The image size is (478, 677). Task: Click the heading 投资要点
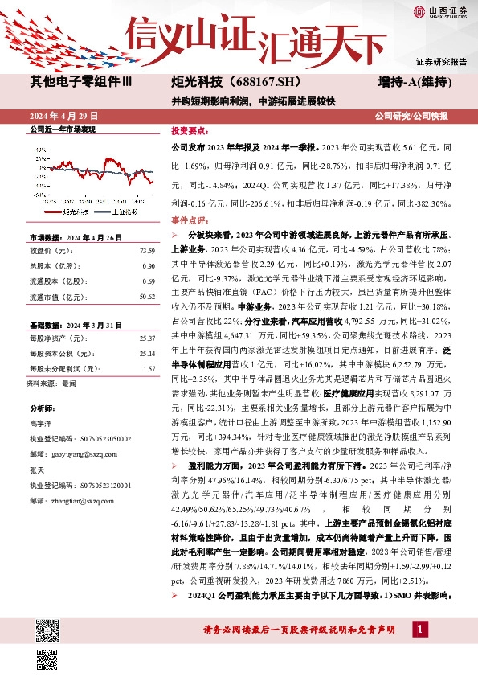coord(190,129)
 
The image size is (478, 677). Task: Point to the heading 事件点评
coord(190,220)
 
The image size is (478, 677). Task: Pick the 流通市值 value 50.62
coord(146,296)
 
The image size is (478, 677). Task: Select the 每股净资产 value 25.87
coord(146,338)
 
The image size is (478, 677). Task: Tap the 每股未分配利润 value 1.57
coord(149,368)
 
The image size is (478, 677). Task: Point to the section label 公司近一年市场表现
coord(62,129)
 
